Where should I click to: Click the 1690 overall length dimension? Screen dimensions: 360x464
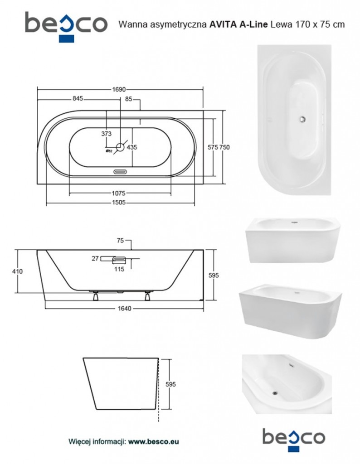point(119,89)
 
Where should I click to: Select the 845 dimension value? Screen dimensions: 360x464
point(78,98)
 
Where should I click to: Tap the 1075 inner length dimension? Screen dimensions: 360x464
point(118,193)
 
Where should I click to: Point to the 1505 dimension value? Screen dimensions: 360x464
point(118,203)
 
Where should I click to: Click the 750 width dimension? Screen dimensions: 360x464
point(224,147)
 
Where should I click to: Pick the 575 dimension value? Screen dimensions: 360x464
point(213,147)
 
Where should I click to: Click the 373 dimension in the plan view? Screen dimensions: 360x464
point(106,134)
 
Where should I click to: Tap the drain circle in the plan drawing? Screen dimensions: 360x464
point(121,147)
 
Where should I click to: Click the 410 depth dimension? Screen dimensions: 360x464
point(18,271)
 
